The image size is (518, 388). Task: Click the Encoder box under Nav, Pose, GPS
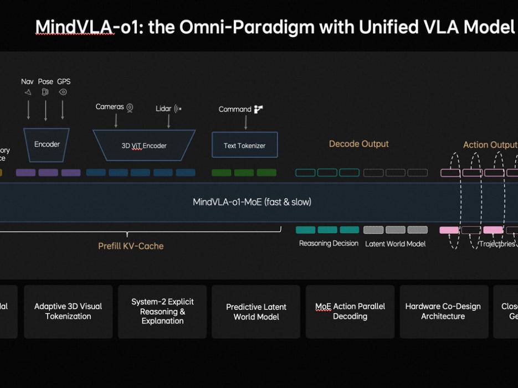(47, 144)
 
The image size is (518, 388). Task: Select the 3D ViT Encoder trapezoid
(144, 146)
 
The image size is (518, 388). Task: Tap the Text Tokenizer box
(244, 146)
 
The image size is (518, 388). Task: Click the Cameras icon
(130, 107)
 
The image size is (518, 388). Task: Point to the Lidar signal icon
(177, 109)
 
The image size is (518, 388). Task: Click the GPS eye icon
(63, 92)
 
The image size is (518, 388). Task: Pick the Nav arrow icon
(28, 92)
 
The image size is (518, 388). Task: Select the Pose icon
(45, 92)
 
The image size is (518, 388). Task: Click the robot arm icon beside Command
(258, 109)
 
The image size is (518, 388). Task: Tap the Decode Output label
(358, 144)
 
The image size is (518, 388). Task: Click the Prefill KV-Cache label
(131, 246)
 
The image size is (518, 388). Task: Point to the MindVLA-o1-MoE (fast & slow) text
(252, 202)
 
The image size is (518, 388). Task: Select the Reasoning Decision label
(329, 244)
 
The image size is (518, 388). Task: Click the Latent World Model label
(395, 244)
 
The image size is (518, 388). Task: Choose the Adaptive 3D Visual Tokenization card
(68, 311)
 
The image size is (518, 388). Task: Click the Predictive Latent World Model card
(256, 312)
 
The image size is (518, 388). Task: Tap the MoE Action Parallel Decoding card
(350, 311)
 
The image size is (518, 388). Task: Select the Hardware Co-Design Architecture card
(443, 311)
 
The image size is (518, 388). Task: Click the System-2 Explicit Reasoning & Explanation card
(162, 311)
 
